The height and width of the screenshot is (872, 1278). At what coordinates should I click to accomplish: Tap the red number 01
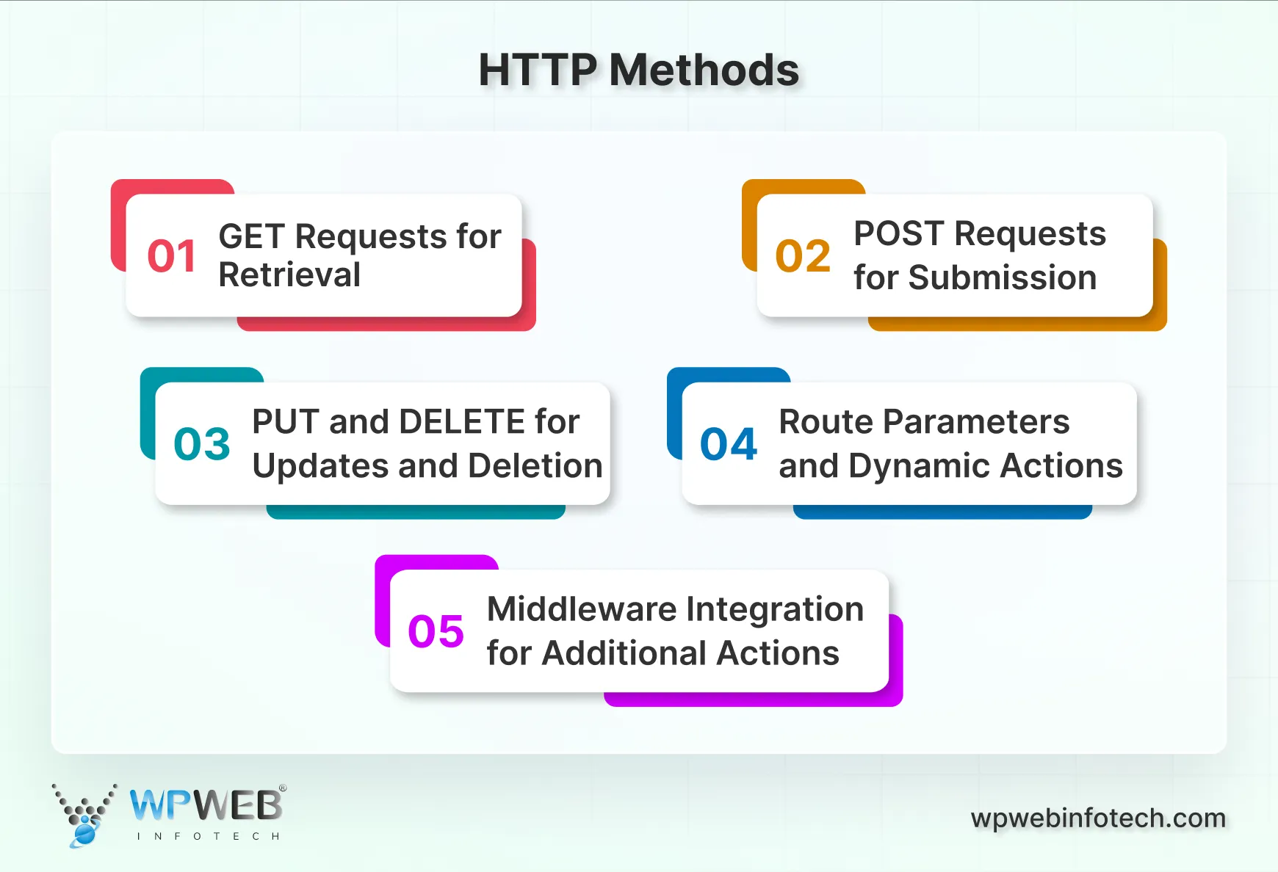coord(172,256)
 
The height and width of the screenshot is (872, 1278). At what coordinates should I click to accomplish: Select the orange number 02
coord(803,256)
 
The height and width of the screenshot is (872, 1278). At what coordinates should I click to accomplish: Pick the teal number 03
coord(202,444)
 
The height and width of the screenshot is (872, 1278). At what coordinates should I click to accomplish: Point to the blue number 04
coord(729,444)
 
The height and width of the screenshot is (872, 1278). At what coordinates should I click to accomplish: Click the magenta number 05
coord(436,631)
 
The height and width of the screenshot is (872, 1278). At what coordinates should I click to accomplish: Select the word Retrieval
coord(289,275)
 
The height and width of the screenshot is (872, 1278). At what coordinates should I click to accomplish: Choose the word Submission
coord(1003,278)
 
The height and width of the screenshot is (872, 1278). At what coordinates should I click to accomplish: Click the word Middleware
coord(582,609)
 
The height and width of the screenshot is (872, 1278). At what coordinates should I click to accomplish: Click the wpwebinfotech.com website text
coord(1098,818)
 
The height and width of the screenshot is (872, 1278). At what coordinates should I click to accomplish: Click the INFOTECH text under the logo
coord(209,836)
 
